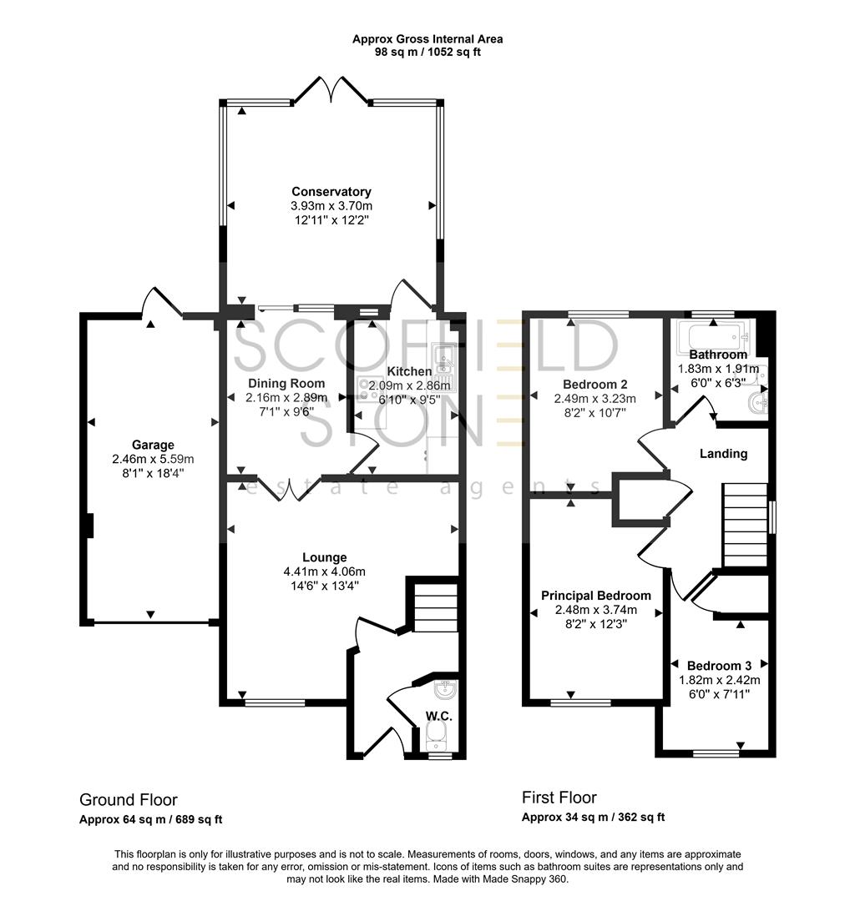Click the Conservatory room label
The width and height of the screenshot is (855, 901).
point(331,192)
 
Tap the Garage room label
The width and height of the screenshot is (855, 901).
point(153,445)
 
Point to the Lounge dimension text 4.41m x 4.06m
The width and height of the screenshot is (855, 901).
point(325,571)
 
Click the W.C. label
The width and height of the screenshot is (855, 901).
point(439,715)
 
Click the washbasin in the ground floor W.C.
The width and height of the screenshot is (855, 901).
point(445,692)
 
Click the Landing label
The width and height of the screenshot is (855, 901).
point(723,454)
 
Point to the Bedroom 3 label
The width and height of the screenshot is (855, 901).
point(719,666)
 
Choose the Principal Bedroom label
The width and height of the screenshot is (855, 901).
point(595,596)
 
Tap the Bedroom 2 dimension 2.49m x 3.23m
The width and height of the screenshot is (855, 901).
point(594,399)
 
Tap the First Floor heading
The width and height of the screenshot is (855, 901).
point(559,798)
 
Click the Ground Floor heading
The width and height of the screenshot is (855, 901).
point(128,800)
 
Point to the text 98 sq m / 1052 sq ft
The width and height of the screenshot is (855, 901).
point(427,52)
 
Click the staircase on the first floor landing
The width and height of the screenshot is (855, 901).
point(744,524)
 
